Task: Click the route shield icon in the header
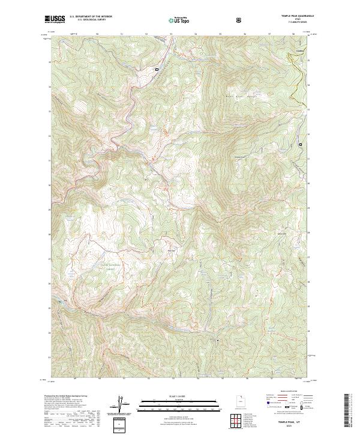(x=240, y=20)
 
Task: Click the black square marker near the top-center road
(x=157, y=70)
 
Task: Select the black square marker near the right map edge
(x=301, y=145)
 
